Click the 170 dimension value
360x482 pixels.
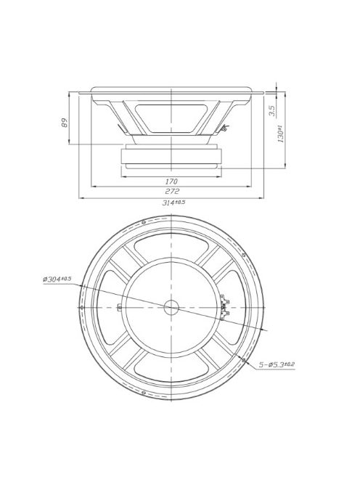tap(171, 180)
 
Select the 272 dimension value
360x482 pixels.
tap(171, 191)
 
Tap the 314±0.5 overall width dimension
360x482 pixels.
tap(173, 203)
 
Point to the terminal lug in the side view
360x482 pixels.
tap(224, 129)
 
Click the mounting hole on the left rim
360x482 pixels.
tap(81, 307)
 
